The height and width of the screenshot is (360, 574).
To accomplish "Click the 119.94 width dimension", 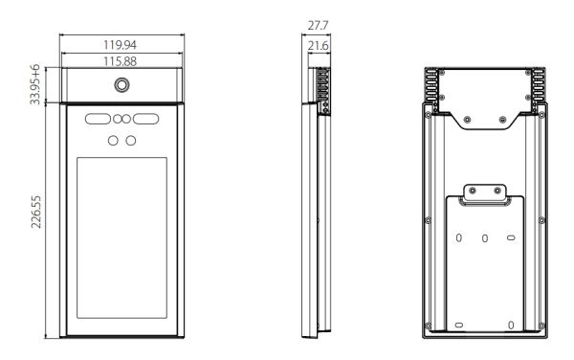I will point(121,44).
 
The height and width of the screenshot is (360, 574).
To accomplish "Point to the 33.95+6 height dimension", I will point(35,85).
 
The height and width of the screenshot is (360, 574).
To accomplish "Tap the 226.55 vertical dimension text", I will point(35,219).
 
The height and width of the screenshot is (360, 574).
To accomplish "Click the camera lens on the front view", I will point(121,85).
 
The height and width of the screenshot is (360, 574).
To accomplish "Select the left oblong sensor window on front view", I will point(98,121).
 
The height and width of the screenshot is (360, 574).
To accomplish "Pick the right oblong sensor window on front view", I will point(145,121).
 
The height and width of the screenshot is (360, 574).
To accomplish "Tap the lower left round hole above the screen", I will point(112,141).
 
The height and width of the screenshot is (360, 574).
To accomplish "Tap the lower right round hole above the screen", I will point(131,141).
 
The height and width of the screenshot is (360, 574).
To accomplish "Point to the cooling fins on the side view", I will point(323,91).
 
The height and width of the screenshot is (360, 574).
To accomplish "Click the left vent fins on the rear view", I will point(433,85).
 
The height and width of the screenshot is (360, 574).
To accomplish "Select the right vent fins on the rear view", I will point(540,85).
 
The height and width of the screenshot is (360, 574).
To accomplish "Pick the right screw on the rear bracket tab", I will point(498,192).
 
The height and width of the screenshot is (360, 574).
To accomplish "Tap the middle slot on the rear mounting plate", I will point(485,237).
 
